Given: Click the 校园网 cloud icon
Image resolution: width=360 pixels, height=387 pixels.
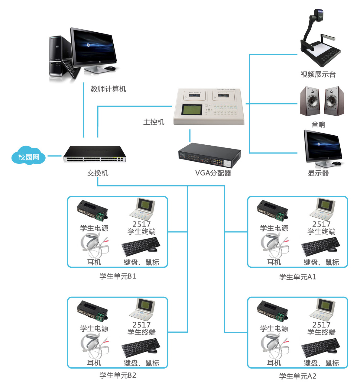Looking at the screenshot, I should [28, 156].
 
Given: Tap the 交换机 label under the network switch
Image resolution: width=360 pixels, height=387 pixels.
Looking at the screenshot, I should [98, 173].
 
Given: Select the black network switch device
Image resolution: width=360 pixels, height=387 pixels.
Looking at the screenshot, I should [95, 154].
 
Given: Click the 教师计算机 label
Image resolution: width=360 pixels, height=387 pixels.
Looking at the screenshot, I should [108, 89].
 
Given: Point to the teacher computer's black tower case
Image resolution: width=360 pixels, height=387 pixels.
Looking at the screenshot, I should [57, 56].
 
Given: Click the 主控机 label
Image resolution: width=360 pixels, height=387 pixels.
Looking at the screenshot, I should [154, 122].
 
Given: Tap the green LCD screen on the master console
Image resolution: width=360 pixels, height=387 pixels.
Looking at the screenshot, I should [191, 110].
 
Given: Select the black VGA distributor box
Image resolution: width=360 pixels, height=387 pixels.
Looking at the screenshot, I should [209, 155].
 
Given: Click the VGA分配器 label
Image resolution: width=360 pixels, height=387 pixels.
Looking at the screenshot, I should [213, 173].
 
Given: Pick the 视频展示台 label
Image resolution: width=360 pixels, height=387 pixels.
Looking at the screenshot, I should [318, 75].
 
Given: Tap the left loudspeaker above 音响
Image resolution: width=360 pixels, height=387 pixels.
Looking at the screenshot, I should [310, 101].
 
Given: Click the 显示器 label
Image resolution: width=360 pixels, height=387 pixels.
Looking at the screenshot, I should [318, 173].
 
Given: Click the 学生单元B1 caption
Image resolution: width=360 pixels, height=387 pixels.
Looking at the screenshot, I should [118, 276].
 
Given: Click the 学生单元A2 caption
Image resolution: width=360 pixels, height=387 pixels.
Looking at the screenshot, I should [297, 376].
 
